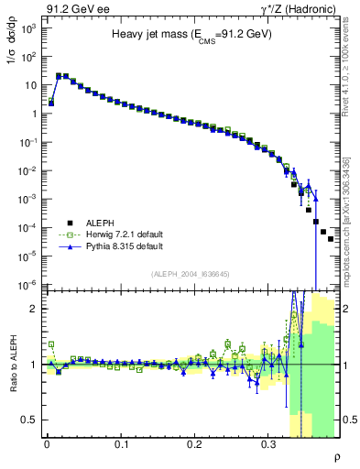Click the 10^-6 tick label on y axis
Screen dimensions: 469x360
click(x=28, y=285)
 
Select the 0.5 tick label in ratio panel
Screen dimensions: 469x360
click(x=27, y=420)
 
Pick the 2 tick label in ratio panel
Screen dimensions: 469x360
click(x=32, y=309)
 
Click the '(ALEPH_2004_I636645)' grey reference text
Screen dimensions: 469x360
click(x=190, y=275)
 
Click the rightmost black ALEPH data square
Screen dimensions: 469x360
click(x=331, y=239)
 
